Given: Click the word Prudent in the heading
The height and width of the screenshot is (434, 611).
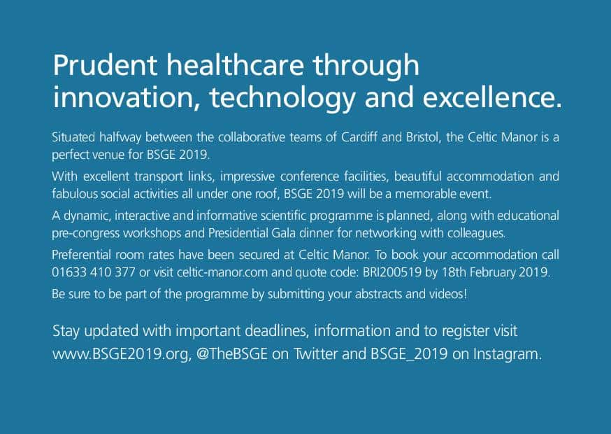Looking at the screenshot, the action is coord(105,65).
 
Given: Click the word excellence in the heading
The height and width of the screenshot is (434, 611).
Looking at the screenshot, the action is coord(493,97).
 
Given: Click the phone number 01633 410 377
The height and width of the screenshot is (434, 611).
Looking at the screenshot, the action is coord(94,272).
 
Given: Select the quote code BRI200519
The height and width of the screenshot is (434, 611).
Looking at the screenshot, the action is coord(392,272).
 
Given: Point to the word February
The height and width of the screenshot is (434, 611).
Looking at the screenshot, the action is coord(493,272).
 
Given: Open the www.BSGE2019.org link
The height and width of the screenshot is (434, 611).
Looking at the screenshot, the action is coord(122,354).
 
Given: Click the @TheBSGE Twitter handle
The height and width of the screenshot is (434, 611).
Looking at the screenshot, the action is coord(232,354).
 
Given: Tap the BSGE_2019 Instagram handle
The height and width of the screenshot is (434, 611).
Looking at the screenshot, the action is coord(409,354).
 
